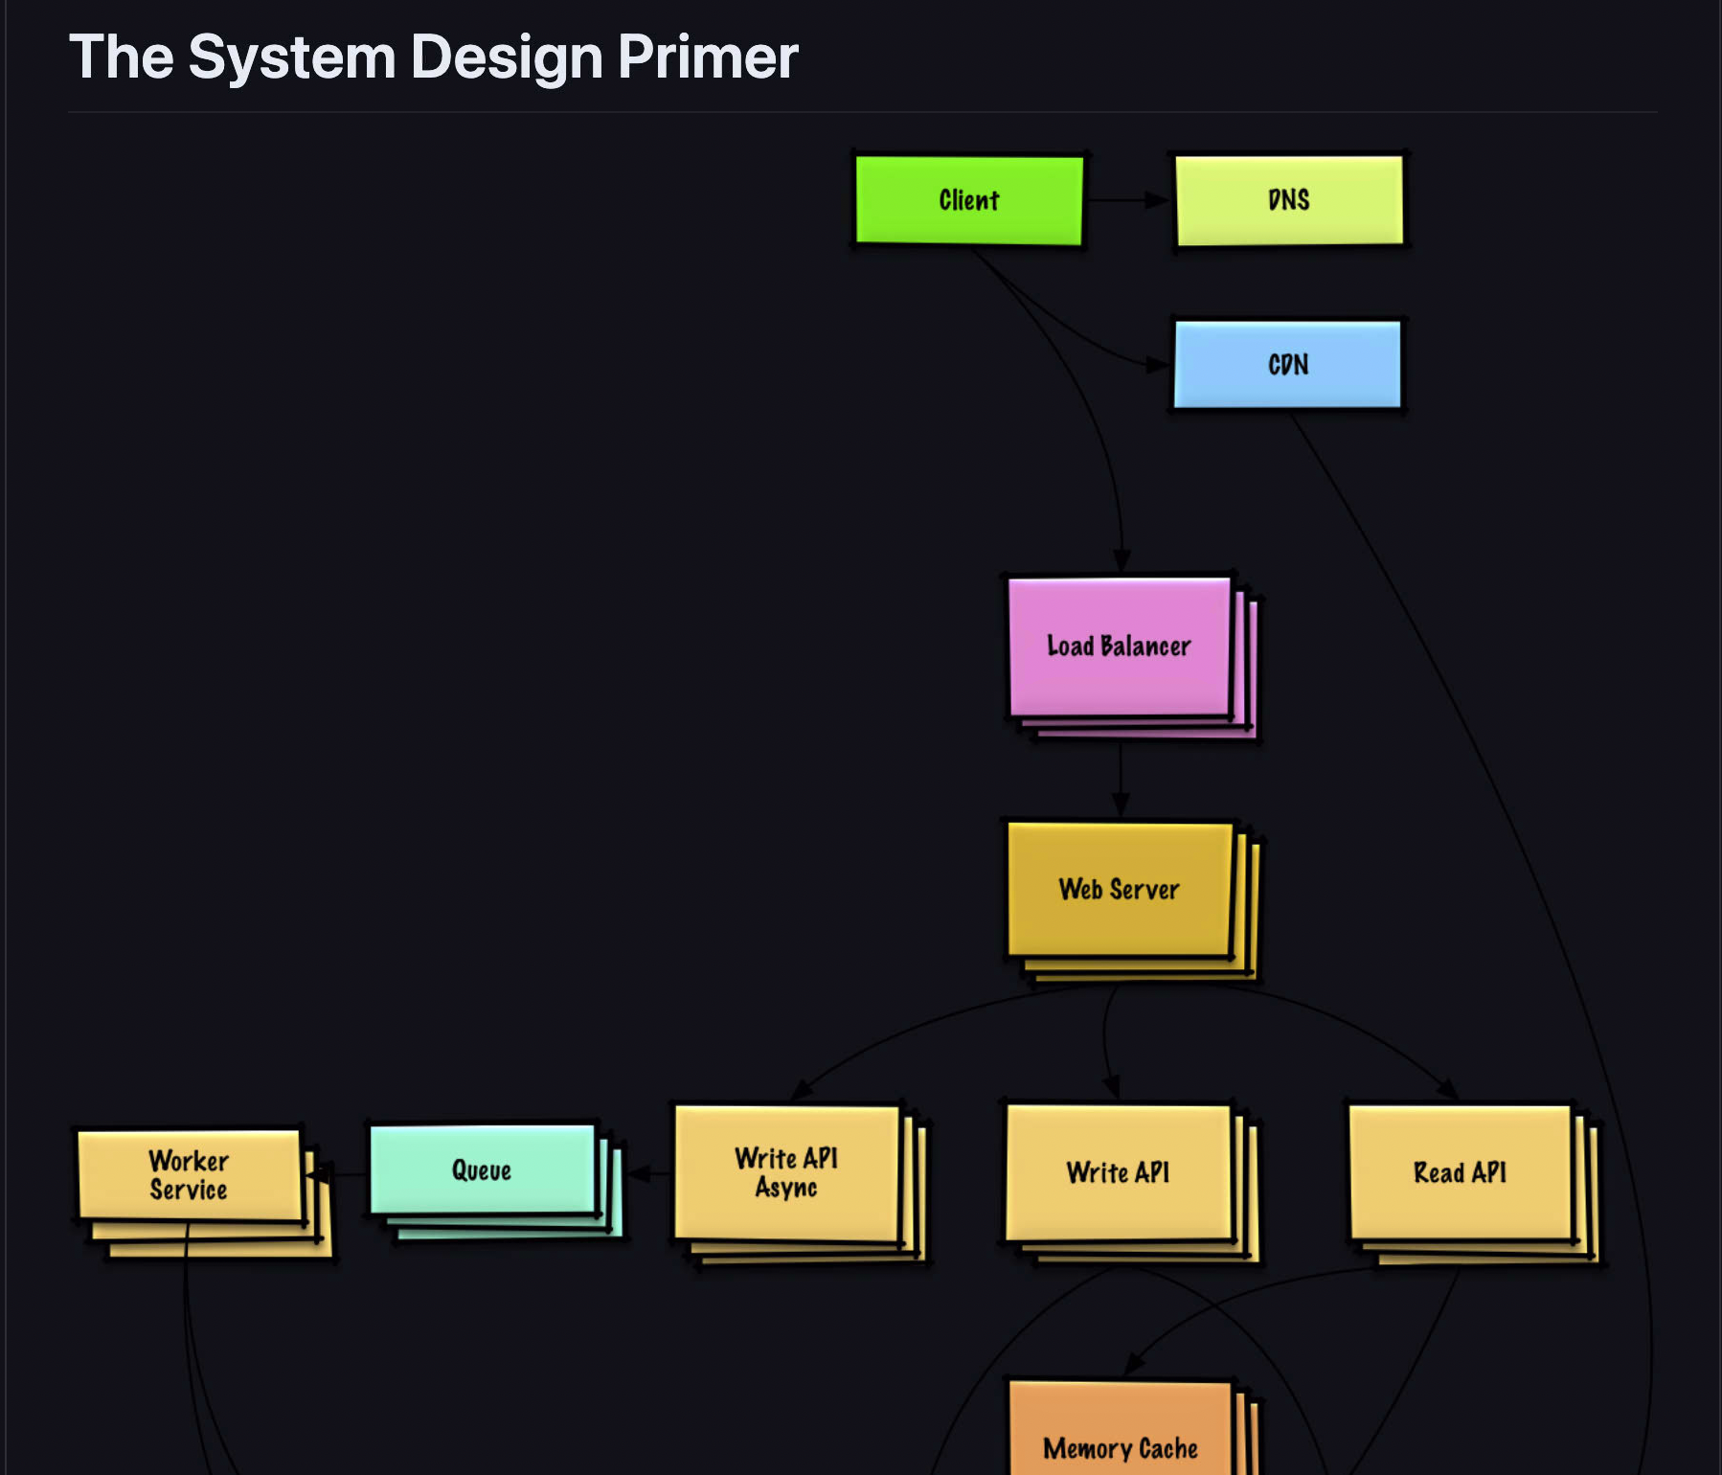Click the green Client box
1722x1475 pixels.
coord(968,200)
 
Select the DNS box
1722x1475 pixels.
coord(1288,200)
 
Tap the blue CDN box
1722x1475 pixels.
coord(1287,365)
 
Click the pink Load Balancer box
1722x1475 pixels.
coord(1119,647)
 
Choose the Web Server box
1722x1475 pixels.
coord(1119,890)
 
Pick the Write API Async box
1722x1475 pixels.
coord(786,1173)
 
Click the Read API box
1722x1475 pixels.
coord(1460,1173)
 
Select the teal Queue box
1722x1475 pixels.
coord(482,1170)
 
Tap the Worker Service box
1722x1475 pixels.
coord(189,1175)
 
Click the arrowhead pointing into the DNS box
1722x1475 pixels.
coord(1158,200)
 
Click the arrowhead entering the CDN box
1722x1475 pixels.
coord(1158,365)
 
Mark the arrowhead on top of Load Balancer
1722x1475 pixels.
coord(1122,560)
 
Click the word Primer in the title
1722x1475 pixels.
coord(708,57)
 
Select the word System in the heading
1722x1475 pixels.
coord(292,57)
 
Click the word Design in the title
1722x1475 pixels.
coord(507,57)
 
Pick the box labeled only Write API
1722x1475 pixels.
coord(1118,1173)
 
